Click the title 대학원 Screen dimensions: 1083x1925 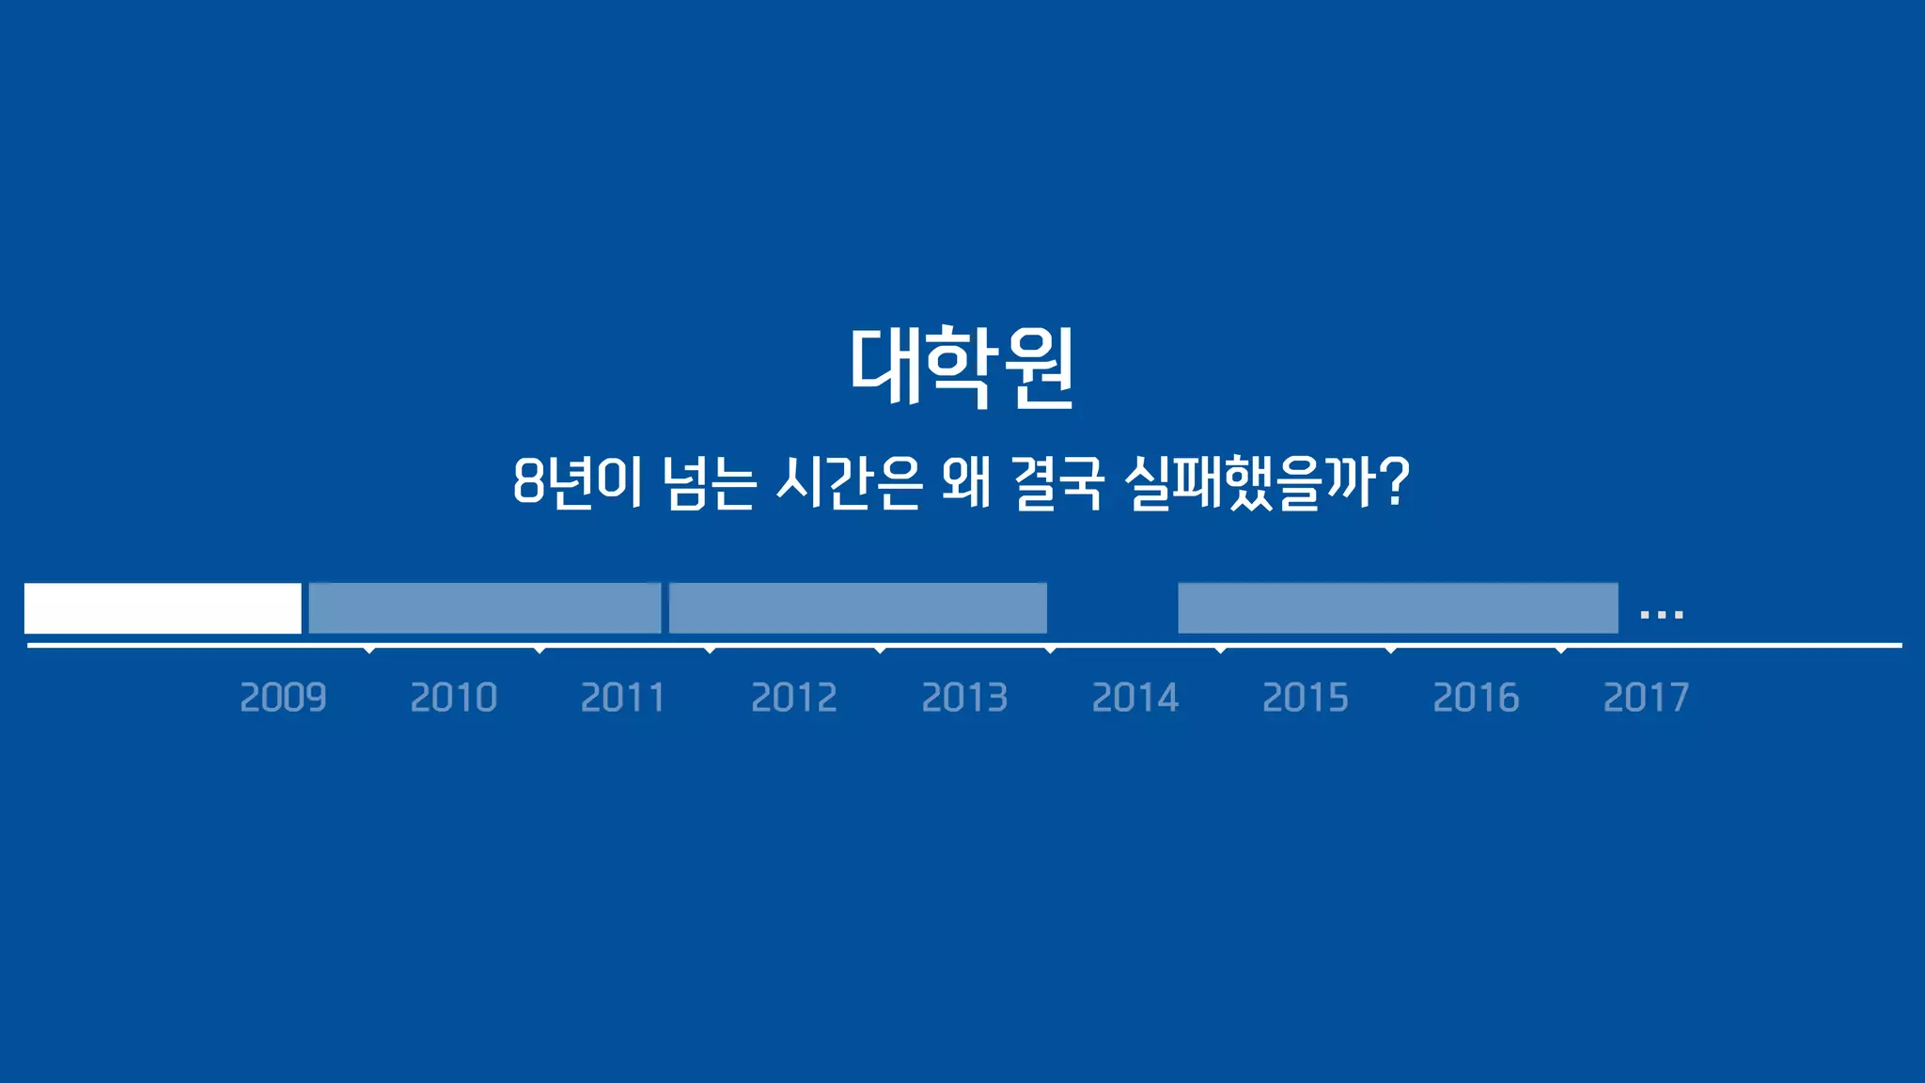(962, 368)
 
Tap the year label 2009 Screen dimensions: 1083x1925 (283, 698)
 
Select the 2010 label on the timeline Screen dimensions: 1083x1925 (453, 698)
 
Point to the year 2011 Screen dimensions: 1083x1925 (623, 698)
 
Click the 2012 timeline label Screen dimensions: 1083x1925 (794, 698)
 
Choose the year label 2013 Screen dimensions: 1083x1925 (964, 698)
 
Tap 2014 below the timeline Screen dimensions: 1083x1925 (1135, 698)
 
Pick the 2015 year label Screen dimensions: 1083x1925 (1305, 698)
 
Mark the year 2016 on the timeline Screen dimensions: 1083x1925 (1476, 698)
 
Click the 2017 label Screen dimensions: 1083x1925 (1646, 698)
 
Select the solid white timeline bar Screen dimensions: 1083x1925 (163, 608)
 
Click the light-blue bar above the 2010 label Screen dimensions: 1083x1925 (485, 608)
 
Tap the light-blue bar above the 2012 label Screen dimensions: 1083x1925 (857, 608)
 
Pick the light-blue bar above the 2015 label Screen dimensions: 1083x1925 (1398, 608)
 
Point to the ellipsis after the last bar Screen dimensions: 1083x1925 (1661, 615)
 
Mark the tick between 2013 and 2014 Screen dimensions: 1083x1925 (1050, 650)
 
